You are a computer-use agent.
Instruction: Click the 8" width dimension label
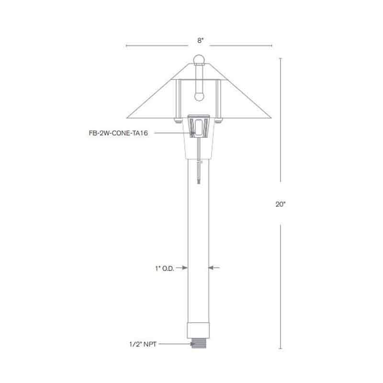point(200,41)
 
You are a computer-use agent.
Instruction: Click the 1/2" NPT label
point(143,343)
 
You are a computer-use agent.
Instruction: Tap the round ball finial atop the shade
point(199,59)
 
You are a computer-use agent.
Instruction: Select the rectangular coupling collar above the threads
point(199,331)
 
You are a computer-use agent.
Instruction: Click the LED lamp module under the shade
point(198,126)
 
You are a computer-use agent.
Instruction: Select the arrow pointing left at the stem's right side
point(214,268)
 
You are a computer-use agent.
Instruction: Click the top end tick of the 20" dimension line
point(281,58)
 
